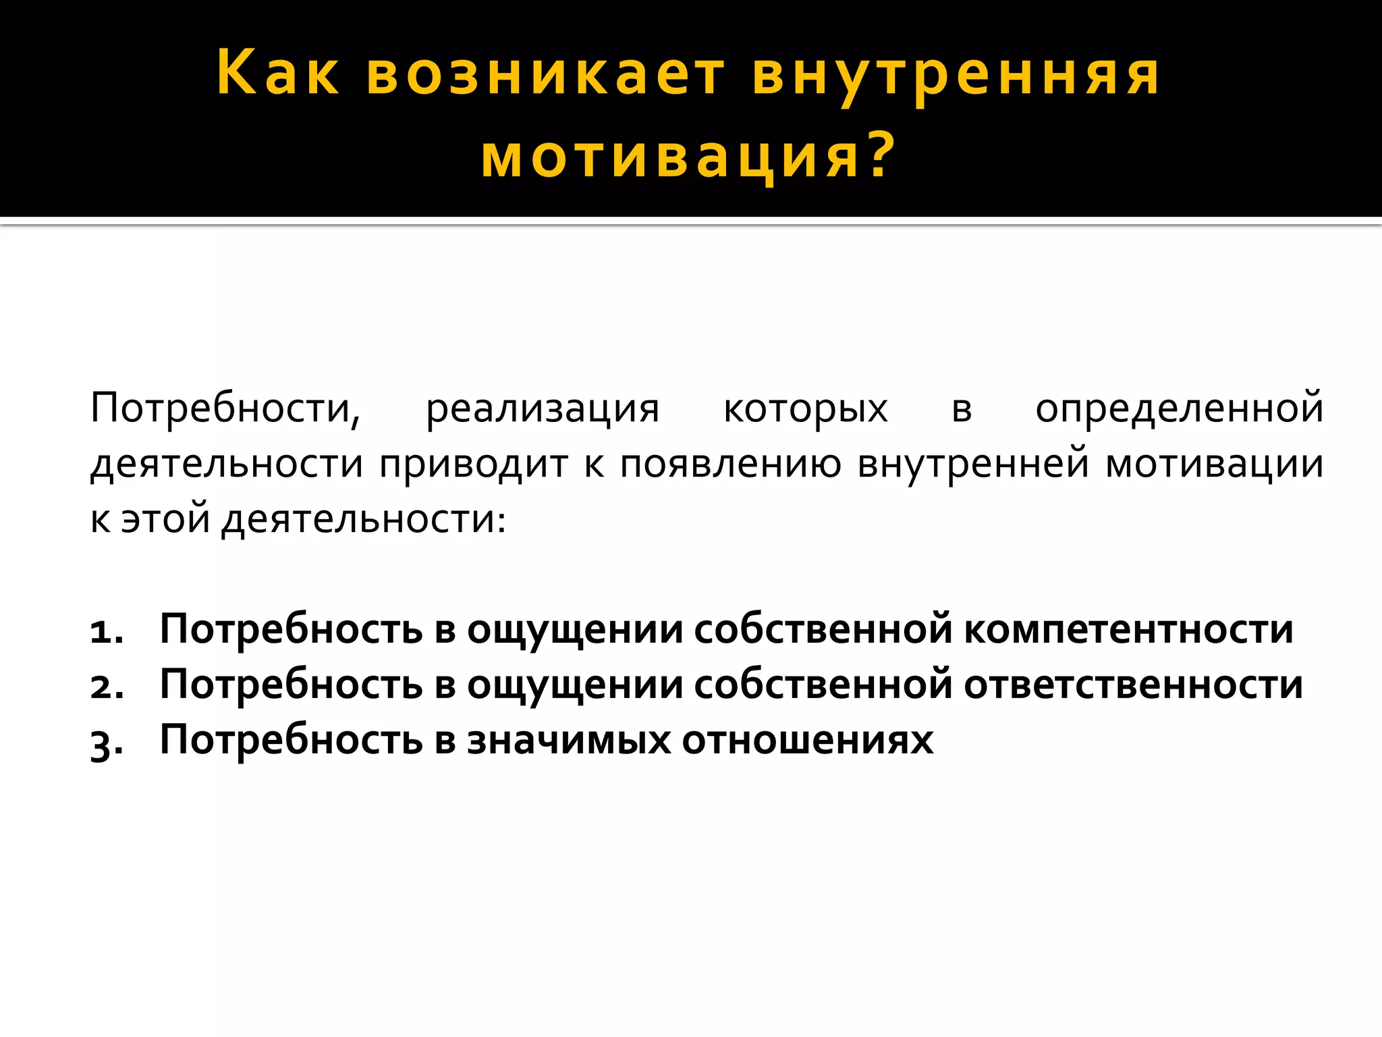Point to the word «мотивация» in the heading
(x=671, y=157)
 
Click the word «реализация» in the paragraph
(x=543, y=409)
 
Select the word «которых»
(x=805, y=409)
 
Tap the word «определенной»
(x=1179, y=409)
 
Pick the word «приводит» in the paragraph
(x=474, y=465)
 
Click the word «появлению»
(x=731, y=465)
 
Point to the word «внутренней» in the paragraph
(x=973, y=465)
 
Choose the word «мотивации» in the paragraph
(x=1214, y=465)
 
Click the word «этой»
(x=165, y=520)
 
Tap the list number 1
(x=107, y=632)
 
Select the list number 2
(x=107, y=687)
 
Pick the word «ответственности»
(x=1133, y=685)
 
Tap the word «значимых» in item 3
(x=569, y=741)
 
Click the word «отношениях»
(x=807, y=741)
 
